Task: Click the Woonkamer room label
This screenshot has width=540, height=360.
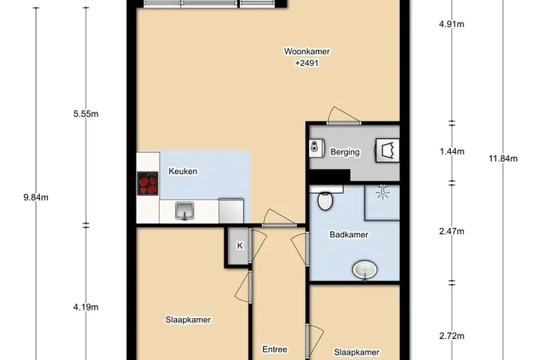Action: coord(307,51)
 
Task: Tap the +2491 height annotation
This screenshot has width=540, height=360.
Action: coord(307,63)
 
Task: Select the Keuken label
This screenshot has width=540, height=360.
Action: coord(183,171)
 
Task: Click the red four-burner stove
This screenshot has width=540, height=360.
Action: coord(148,184)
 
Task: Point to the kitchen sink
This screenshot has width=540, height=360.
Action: coord(184,211)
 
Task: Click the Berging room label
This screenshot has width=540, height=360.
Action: coord(345,152)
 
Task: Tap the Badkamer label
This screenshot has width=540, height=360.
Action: coord(349,235)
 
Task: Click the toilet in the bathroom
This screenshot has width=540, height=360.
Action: coord(325,200)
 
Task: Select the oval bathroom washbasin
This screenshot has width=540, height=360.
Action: coord(364,269)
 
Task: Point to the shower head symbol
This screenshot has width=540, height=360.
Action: coord(382,191)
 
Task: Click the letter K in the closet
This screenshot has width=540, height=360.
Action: coord(240,246)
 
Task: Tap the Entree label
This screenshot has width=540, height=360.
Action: coord(274,349)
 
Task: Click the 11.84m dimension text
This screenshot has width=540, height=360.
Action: coord(503,158)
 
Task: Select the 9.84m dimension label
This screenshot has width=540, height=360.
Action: coord(36,197)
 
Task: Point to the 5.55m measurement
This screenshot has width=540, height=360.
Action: coord(85,114)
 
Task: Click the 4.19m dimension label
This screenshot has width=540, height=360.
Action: coord(85,307)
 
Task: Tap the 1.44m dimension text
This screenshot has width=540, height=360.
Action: coord(451,151)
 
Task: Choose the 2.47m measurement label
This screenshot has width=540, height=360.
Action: coord(451,231)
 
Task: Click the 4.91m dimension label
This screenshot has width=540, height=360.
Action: coord(451,24)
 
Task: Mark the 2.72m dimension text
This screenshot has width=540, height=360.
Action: coord(451,336)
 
